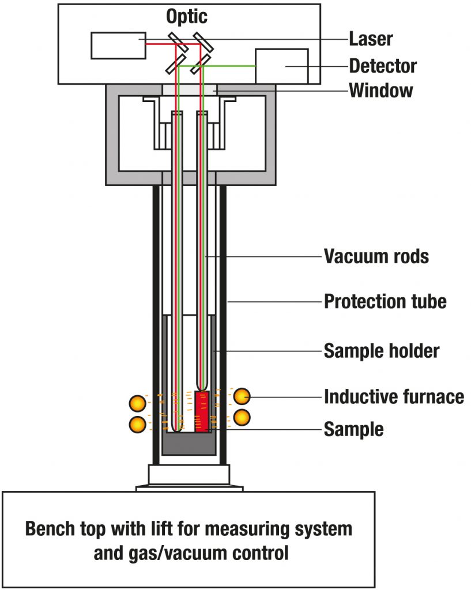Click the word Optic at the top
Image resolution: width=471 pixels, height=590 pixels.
(186, 17)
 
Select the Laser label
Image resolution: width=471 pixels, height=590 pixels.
(371, 39)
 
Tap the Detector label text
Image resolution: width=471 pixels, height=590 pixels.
(383, 66)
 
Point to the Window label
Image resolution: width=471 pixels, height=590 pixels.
(381, 90)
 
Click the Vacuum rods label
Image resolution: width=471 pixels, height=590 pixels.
(376, 256)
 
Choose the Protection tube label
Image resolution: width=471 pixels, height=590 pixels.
(385, 301)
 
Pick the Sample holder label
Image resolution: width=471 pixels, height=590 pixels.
(382, 351)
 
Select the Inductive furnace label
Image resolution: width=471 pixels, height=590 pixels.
(394, 396)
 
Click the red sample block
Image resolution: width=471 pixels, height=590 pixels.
(202, 411)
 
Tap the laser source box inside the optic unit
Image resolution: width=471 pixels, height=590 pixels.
(118, 46)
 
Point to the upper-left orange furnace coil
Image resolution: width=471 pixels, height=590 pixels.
(137, 403)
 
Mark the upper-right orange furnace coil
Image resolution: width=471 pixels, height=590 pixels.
(242, 396)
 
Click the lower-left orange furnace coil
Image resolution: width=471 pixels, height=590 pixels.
(137, 423)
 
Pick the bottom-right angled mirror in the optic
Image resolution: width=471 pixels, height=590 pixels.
(198, 64)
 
